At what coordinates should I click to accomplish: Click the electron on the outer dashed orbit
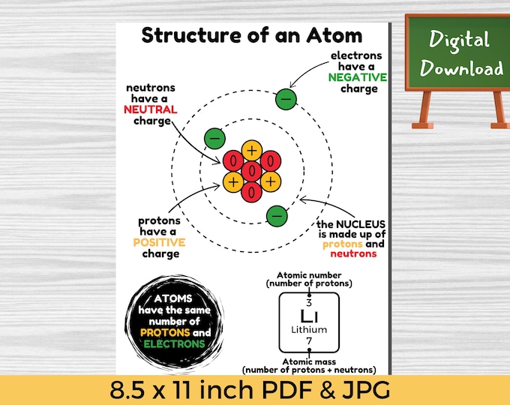pos(286,99)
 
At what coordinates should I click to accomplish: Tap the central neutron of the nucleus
pos(251,171)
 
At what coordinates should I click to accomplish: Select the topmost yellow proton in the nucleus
pos(252,150)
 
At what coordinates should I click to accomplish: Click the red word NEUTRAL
pos(151,109)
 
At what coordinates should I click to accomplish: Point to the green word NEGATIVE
pos(358,77)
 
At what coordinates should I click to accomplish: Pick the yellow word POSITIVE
pos(159,242)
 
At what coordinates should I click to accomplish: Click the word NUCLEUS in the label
pos(361,224)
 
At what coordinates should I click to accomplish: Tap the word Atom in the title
pos(334,34)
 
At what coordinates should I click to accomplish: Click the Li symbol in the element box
pos(309,316)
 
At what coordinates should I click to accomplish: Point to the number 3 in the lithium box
pos(309,303)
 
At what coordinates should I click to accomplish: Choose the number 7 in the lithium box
pos(309,341)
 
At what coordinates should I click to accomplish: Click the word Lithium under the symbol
pos(309,329)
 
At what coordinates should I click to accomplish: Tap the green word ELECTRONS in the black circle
pos(174,343)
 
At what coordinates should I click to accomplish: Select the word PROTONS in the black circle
pos(165,332)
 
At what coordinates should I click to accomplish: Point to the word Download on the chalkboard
pos(461,68)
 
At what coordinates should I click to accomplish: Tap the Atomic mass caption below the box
pos(309,361)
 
